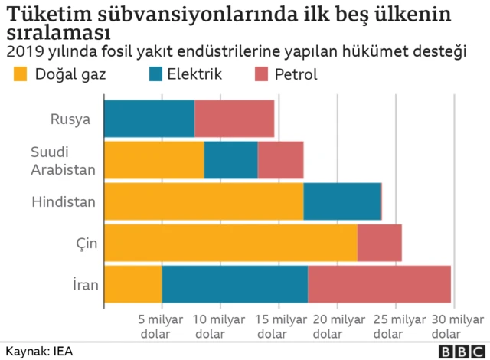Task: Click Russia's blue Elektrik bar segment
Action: click(149, 119)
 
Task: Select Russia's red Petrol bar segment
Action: click(234, 119)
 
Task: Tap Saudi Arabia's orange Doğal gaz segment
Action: click(154, 160)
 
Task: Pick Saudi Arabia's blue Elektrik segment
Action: click(230, 160)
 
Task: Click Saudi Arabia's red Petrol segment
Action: click(280, 160)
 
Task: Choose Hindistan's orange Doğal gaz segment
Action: click(204, 201)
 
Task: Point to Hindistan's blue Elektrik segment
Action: click(341, 201)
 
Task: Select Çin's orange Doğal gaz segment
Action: click(230, 243)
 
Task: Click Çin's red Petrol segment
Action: click(379, 243)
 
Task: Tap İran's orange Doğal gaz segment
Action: click(132, 284)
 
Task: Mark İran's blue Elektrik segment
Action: click(234, 284)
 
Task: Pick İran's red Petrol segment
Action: click(379, 284)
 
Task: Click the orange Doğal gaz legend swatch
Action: click(20, 74)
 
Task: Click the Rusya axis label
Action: click(70, 119)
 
